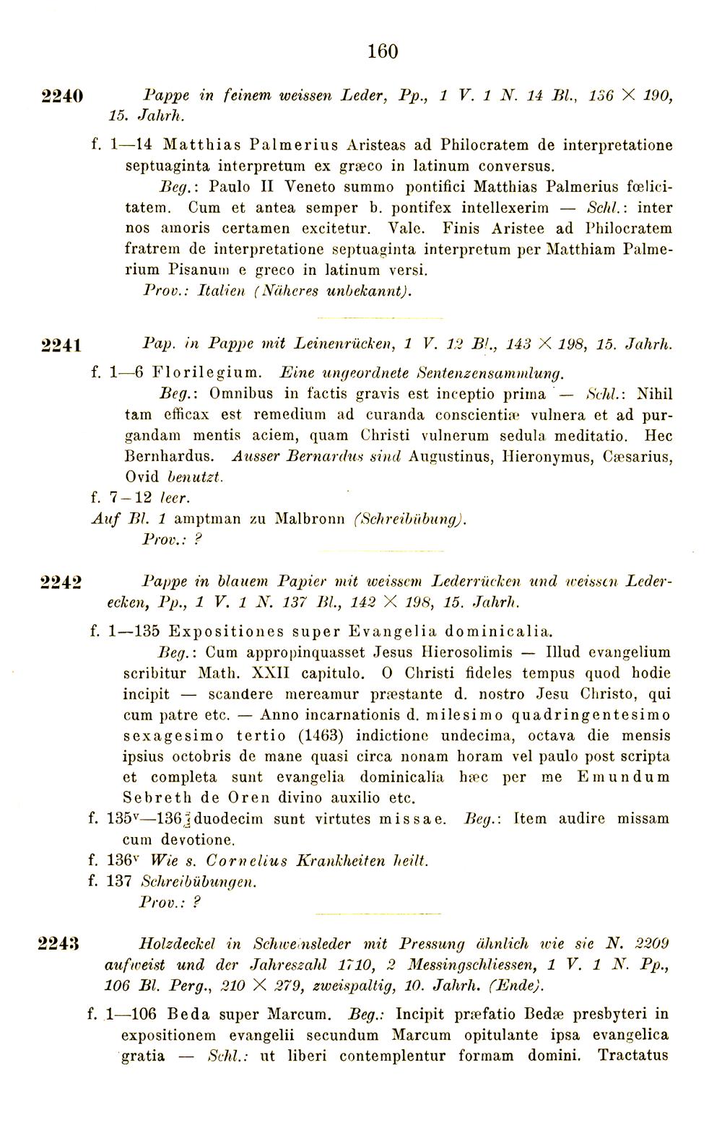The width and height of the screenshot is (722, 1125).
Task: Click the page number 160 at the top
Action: (383, 51)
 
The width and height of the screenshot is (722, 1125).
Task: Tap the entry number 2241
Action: (64, 345)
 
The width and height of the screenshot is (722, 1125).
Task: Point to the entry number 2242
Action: (64, 582)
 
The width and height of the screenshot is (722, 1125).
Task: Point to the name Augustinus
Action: (452, 457)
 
